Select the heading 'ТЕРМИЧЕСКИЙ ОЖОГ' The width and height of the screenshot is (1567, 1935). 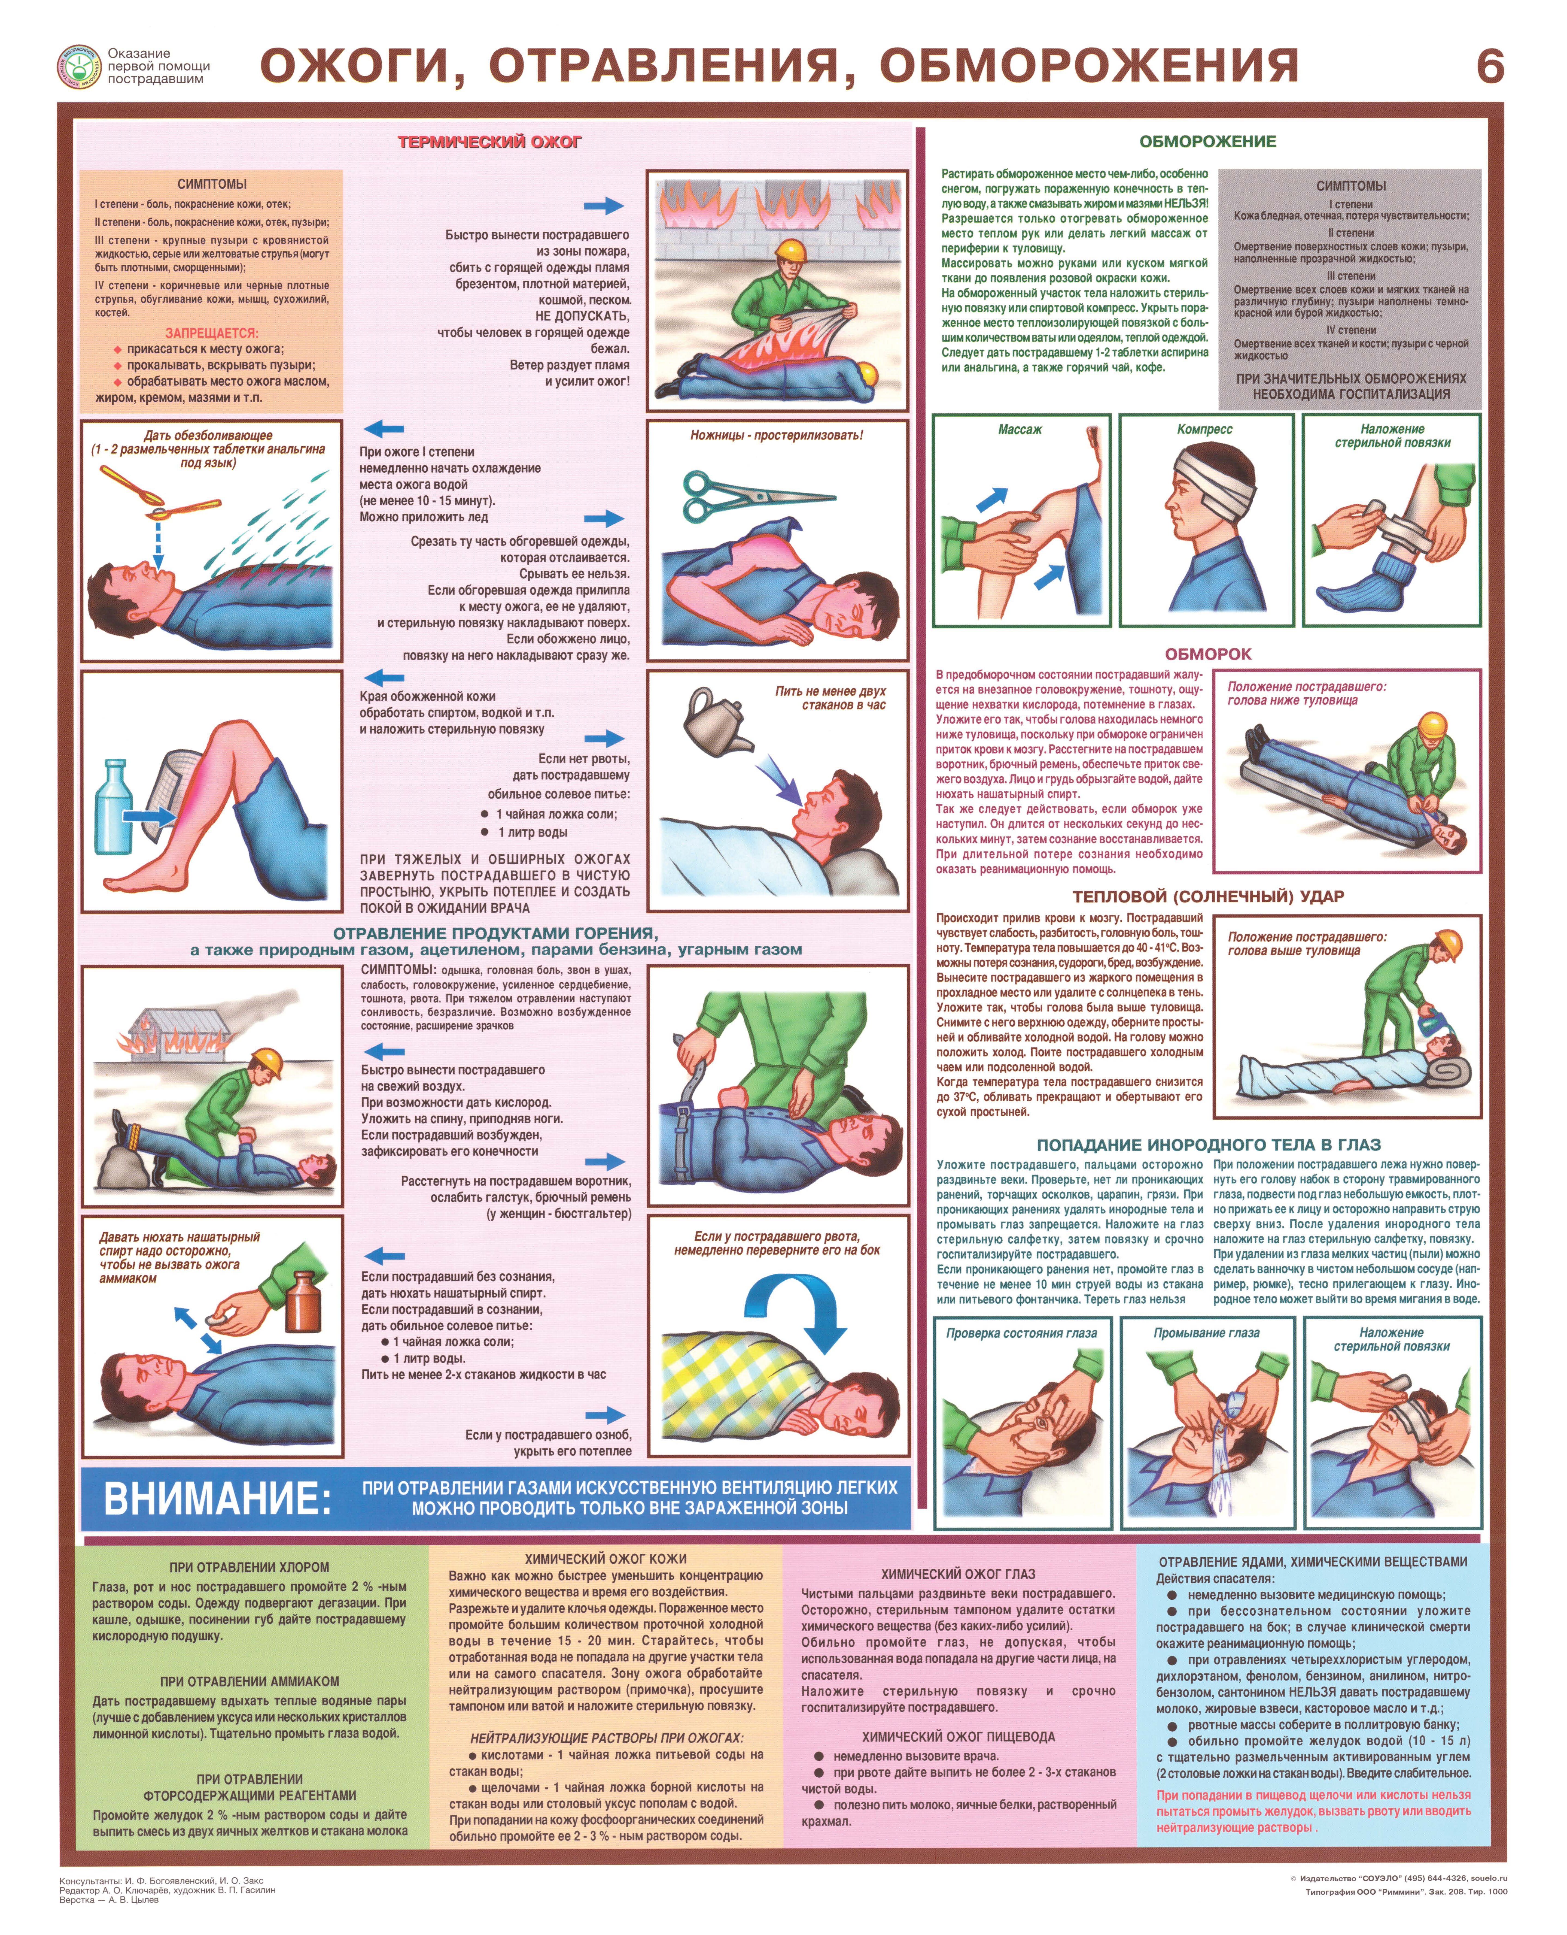[x=490, y=142]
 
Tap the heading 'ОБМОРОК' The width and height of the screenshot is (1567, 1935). [x=1208, y=654]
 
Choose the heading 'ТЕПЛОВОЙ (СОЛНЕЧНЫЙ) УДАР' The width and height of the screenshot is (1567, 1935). [x=1208, y=897]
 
